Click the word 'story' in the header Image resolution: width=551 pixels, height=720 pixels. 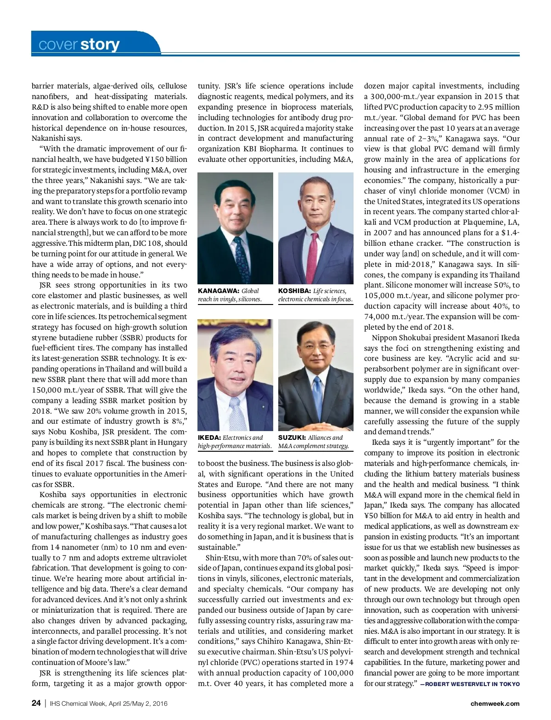[100, 44]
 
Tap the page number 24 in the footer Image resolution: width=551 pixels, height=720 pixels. [36, 703]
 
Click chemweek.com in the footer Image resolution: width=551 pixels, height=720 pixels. [495, 703]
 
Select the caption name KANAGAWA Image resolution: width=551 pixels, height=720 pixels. [218, 291]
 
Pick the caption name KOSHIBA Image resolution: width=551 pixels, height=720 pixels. [294, 291]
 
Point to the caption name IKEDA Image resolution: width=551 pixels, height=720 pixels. [209, 438]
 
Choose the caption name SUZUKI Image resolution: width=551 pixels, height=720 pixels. [292, 438]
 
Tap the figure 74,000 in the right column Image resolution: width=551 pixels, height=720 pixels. [377, 316]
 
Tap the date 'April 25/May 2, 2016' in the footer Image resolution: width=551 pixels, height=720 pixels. [138, 703]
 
